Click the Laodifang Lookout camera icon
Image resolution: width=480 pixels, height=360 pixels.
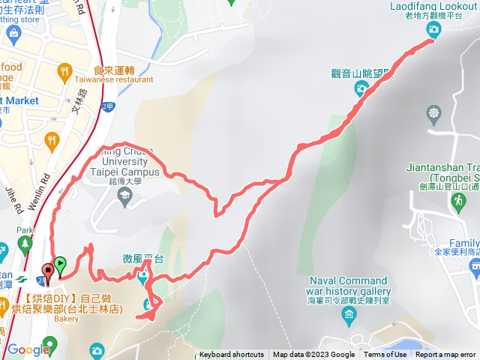tap(433, 29)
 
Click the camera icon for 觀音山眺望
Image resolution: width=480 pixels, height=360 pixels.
tap(361, 89)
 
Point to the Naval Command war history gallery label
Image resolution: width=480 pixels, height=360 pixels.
tap(349, 285)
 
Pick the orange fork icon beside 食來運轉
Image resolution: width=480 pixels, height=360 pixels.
tap(66, 74)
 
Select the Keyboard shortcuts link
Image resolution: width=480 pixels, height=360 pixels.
tap(231, 355)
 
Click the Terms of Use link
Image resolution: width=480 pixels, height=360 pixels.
tap(385, 355)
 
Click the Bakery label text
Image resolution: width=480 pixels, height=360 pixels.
tap(65, 319)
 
